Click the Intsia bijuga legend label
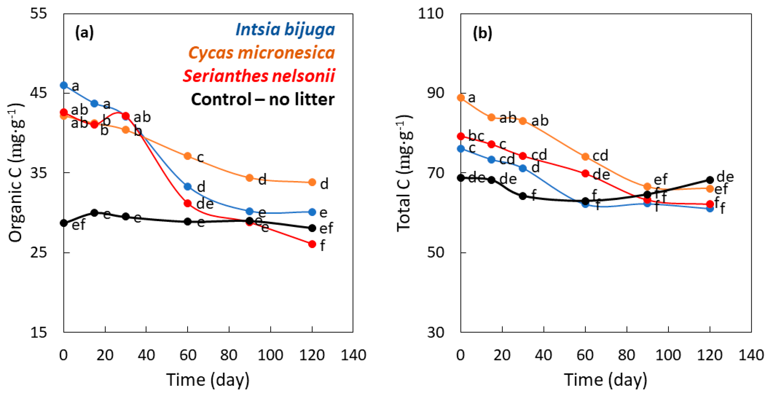[x=285, y=30]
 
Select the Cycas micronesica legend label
[x=261, y=53]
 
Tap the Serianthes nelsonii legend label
[x=259, y=76]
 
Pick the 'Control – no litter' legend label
[x=262, y=100]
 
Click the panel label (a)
[x=84, y=33]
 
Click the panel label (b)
[x=482, y=33]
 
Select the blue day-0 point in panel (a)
[x=64, y=85]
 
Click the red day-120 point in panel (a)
[x=312, y=244]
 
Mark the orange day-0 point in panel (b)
[x=461, y=98]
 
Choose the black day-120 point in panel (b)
[x=710, y=180]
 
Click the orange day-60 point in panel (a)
[x=188, y=156]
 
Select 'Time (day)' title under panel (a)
[x=208, y=380]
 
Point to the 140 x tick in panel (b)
[x=751, y=355]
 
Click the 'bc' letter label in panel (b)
[x=476, y=136]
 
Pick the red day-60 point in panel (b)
[x=585, y=174]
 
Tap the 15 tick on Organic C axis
[x=38, y=332]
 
